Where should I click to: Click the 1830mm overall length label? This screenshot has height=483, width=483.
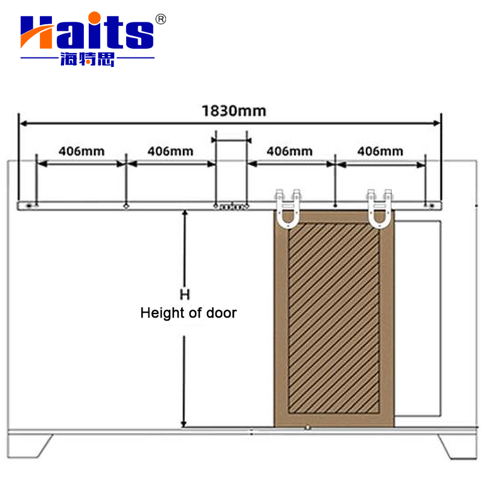point(234,111)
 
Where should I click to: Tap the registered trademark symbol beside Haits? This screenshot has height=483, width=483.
point(161,19)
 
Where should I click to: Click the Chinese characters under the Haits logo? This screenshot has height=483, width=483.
point(88,59)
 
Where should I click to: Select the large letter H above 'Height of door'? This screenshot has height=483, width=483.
point(185,295)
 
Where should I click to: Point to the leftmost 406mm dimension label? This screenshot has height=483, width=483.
point(81,150)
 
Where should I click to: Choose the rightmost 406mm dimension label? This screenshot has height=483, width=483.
point(380,150)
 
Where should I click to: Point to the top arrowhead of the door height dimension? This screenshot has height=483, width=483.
point(185,214)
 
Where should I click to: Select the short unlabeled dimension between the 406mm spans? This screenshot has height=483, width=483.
point(231,139)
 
